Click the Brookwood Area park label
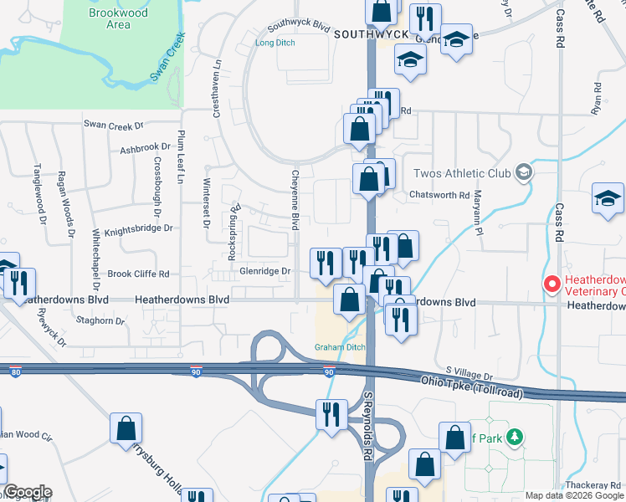[118, 18]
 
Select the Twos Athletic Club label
[462, 173]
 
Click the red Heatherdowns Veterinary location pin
[551, 284]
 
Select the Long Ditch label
[275, 42]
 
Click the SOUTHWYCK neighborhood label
[369, 34]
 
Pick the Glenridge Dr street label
[264, 271]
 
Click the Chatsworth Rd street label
[439, 195]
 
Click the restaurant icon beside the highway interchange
[331, 413]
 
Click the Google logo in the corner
[27, 492]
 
